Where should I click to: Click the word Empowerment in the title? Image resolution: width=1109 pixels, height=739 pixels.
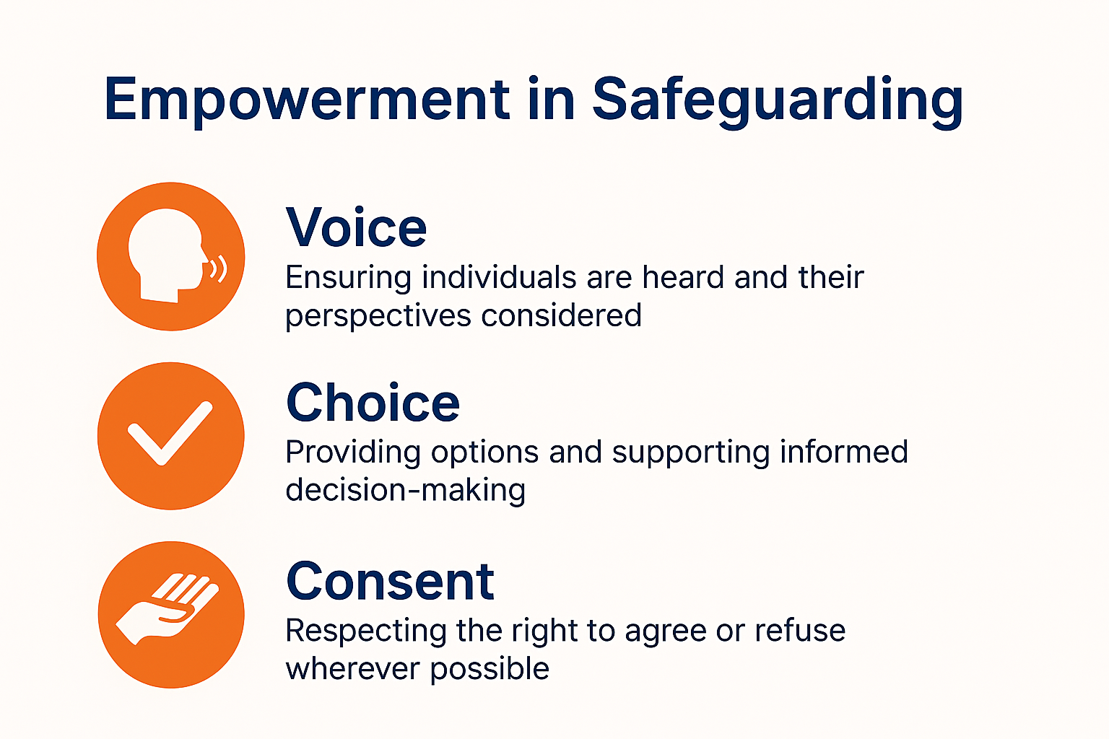(x=308, y=100)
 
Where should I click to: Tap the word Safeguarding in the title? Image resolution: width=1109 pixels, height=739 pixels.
(x=778, y=101)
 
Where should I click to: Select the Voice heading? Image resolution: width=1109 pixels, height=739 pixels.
(x=356, y=228)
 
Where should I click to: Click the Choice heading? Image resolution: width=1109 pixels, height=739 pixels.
(x=373, y=403)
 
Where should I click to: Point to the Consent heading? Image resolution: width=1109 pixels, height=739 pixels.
(x=390, y=582)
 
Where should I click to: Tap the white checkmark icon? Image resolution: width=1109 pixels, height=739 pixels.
(x=170, y=433)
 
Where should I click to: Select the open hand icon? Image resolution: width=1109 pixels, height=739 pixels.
(x=168, y=608)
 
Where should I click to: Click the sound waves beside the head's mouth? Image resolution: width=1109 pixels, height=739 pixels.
(x=218, y=268)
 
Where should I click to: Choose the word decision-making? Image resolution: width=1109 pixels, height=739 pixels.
(x=405, y=491)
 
